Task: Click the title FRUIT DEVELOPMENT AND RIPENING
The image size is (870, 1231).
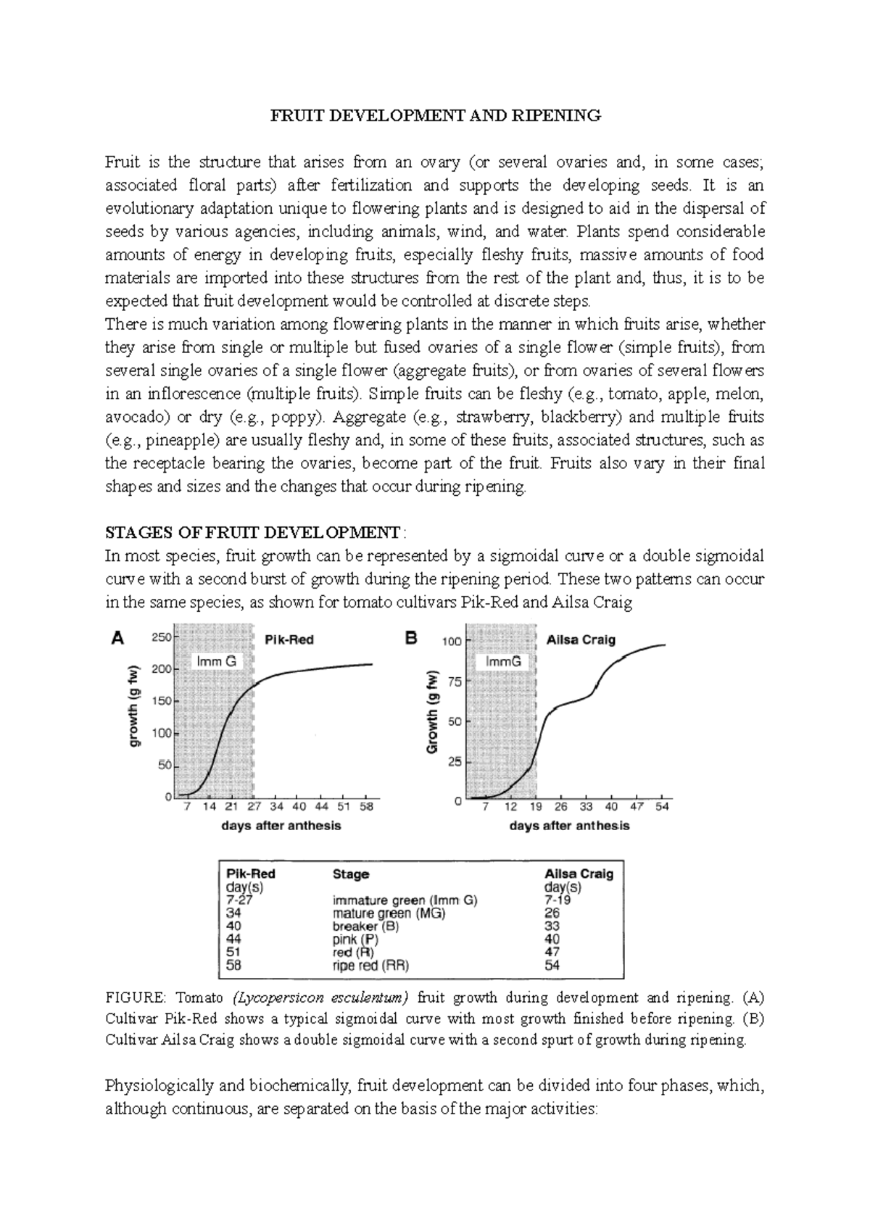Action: click(x=436, y=115)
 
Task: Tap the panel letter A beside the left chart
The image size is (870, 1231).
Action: click(x=117, y=638)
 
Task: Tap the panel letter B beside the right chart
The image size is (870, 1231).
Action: click(x=411, y=638)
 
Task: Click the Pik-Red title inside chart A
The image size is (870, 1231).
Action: click(x=289, y=639)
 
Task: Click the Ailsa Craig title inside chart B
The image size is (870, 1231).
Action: click(x=581, y=639)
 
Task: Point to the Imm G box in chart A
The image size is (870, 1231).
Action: click(x=217, y=661)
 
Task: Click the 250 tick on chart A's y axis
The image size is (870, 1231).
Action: click(x=160, y=637)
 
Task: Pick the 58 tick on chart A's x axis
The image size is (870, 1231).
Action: click(x=366, y=806)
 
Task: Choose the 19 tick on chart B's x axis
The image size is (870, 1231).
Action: click(x=536, y=806)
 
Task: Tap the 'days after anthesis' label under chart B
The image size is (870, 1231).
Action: click(x=569, y=826)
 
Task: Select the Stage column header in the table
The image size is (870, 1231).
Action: click(x=351, y=874)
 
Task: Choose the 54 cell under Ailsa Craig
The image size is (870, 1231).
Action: click(x=552, y=965)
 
